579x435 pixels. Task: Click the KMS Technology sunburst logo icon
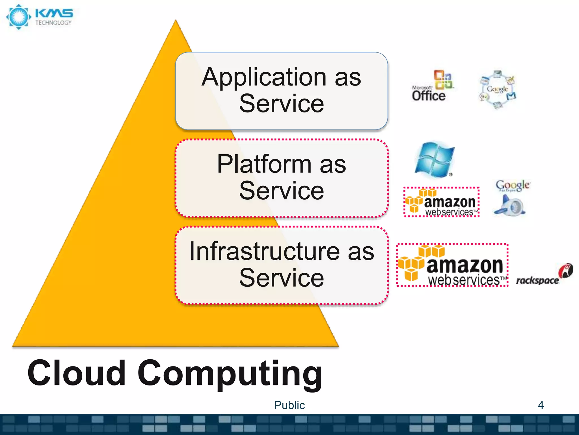[19, 17]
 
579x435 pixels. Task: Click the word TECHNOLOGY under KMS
[53, 23]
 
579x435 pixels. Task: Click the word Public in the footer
[289, 405]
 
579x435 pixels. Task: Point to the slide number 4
[541, 405]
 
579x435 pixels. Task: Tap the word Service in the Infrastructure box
[281, 278]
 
